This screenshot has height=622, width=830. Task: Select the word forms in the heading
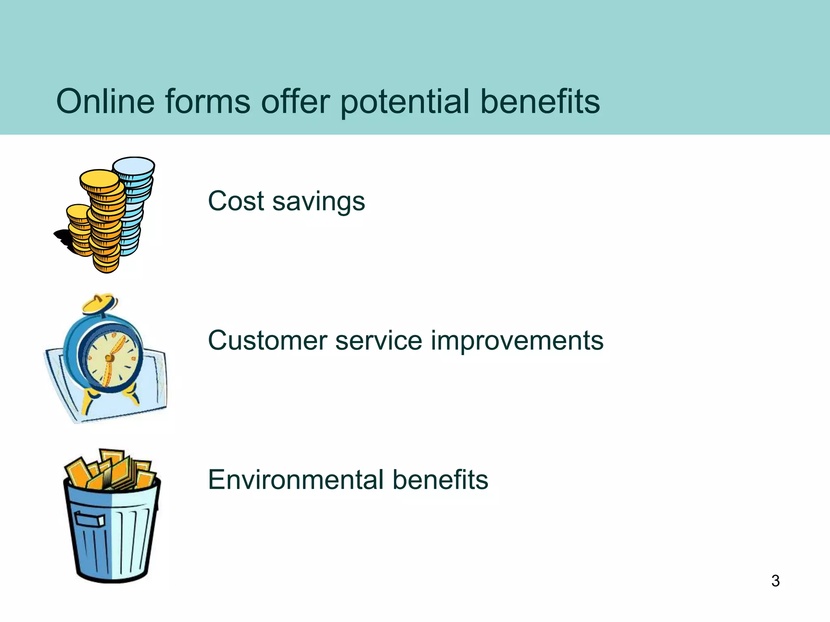(x=207, y=101)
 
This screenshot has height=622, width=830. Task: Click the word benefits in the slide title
(x=540, y=101)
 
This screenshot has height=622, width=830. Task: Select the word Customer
(x=267, y=340)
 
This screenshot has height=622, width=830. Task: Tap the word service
(x=379, y=340)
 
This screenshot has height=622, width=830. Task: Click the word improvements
(x=517, y=341)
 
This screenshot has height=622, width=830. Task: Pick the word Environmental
(x=296, y=480)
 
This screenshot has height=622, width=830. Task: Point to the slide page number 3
(x=775, y=581)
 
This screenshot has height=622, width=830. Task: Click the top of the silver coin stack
(x=133, y=165)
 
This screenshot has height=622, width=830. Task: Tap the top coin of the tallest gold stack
(x=99, y=178)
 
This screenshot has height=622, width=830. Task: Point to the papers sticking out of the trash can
(x=111, y=470)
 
